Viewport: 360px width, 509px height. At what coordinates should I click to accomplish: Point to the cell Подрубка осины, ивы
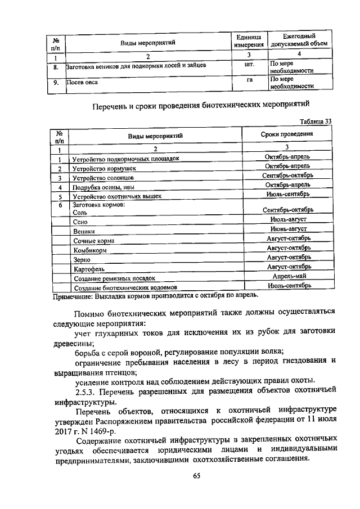(105, 187)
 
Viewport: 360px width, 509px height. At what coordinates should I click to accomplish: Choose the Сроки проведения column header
(287, 135)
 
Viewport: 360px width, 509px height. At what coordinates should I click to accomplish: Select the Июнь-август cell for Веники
(288, 229)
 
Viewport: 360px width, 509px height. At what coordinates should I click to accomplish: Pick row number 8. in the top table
(56, 67)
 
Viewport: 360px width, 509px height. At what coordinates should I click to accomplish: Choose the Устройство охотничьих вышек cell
(117, 196)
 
